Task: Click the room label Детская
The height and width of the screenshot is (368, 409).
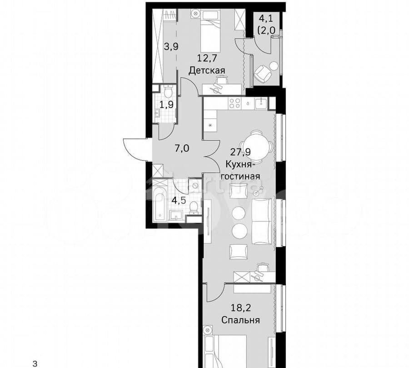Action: [207, 70]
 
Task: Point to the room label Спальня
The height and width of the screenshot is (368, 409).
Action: [240, 320]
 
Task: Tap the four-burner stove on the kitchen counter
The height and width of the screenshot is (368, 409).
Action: [234, 103]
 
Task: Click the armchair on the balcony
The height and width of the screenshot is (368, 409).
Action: [262, 73]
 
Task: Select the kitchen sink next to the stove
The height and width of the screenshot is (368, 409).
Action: [260, 103]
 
